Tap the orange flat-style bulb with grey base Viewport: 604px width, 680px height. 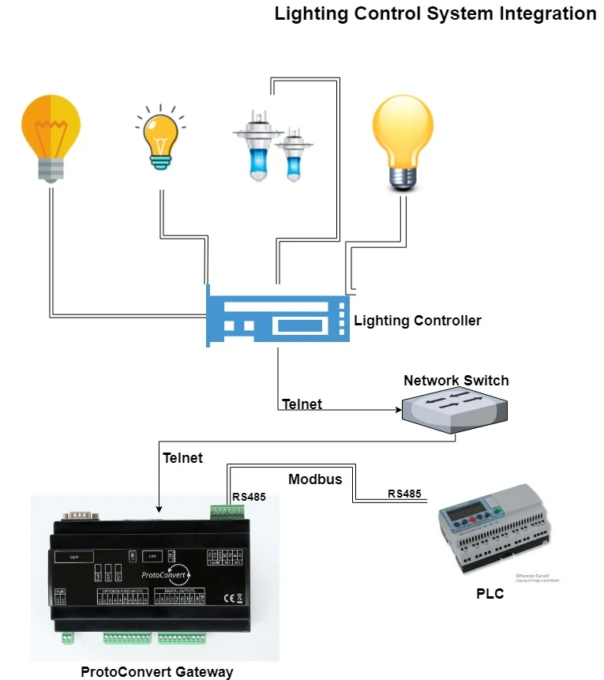tap(50, 137)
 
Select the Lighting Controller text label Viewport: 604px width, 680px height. tap(417, 321)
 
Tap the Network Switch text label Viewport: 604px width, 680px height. tap(456, 381)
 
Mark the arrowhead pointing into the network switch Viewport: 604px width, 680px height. tap(396, 410)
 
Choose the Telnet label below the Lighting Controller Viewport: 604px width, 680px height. tap(302, 404)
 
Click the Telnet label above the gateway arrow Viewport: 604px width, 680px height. tap(182, 457)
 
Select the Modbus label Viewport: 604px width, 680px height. tap(315, 479)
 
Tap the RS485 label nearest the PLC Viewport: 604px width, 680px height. tap(403, 494)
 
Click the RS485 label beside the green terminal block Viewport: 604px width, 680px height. tap(249, 497)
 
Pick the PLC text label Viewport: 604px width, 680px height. tap(490, 594)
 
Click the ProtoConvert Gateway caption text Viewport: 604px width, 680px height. tap(157, 672)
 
